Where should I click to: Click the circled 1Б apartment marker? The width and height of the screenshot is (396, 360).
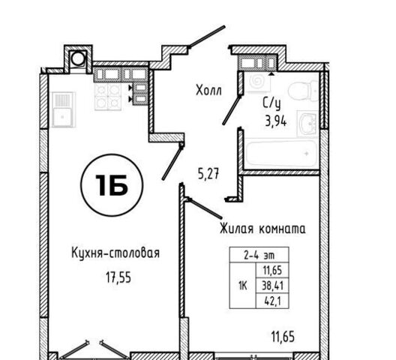pos(112,185)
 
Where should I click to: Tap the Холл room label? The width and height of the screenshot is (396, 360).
pos(208,90)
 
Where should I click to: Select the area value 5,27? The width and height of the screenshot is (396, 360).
pos(208,174)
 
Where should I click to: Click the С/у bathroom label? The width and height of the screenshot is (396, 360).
pos(271,103)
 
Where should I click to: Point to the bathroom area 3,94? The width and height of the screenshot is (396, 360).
pos(275,121)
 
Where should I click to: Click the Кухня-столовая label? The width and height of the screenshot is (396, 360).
pos(115,253)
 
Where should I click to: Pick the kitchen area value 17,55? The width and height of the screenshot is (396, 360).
pos(118,278)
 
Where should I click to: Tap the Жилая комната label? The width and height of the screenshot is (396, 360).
pos(262,229)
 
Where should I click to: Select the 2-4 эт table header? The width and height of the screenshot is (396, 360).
pos(259,256)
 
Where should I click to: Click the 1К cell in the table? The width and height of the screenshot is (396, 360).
pos(243,286)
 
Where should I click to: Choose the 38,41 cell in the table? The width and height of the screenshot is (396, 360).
pos(272,286)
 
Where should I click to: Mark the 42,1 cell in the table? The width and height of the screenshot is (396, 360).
pos(272,301)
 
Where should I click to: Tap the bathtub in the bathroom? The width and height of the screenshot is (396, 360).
pos(280,153)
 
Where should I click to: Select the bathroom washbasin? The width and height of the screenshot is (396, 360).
pos(307,124)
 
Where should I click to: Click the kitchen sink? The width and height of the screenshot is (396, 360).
pos(64,109)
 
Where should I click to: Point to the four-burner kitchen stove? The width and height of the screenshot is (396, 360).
pos(108,97)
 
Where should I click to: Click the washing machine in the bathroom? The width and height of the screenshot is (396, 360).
pos(258,82)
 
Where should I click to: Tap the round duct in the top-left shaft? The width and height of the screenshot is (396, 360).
pos(78,58)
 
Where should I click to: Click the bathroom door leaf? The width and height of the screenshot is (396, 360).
pos(231,109)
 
